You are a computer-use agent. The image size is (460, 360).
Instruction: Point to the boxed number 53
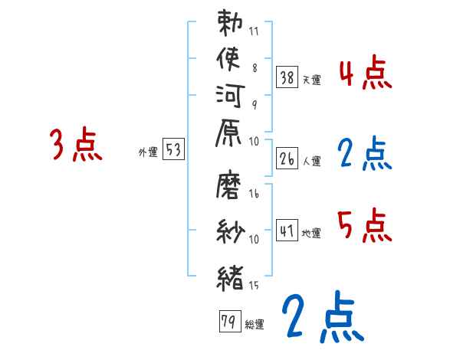pos(174,150)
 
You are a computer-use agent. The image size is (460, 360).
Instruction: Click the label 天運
pos(311,80)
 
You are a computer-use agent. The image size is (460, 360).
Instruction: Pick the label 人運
pos(311,161)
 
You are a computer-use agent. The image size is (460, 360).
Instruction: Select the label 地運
pos(311,233)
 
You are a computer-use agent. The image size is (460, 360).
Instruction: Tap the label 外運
pos(148,152)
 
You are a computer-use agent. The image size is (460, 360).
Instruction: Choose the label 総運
pos(255,324)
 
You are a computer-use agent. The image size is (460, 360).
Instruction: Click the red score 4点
pos(365,73)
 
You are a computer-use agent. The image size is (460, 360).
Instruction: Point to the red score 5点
pos(364,224)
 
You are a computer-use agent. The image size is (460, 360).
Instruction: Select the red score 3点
pos(75,145)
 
